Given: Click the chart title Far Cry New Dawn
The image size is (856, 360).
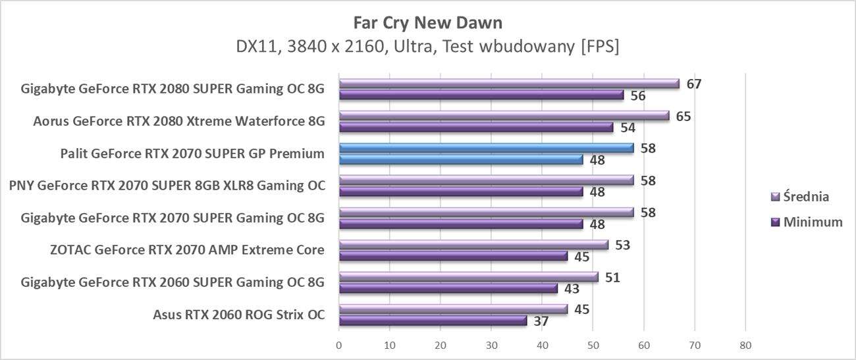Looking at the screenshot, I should tap(427, 23).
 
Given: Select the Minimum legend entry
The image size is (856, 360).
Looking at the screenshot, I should tap(806, 222).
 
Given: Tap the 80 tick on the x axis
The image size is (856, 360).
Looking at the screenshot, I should tap(745, 345).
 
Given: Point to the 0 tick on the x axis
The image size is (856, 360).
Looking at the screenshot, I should tap(338, 345).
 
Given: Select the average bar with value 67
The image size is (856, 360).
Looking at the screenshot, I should tap(508, 84).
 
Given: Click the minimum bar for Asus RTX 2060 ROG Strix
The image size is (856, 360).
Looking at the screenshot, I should tap(433, 321).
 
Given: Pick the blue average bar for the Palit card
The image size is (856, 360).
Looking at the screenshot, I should tap(486, 148).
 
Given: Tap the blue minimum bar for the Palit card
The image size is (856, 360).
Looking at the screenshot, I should tap(461, 159).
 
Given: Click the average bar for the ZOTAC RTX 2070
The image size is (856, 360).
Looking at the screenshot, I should tap(473, 245).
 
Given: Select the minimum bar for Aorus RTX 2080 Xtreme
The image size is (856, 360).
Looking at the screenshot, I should tap(476, 127).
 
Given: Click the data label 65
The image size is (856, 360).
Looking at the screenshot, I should tap(683, 116).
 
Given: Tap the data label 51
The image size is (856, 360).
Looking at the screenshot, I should tap(612, 277).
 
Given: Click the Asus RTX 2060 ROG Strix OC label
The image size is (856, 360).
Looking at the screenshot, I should tap(238, 315).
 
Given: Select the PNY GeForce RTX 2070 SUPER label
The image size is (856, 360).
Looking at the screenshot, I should tap(167, 186).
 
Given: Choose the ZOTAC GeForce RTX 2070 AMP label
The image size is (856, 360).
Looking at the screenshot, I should tap(187, 250).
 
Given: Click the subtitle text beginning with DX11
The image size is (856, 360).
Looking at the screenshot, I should tap(427, 47).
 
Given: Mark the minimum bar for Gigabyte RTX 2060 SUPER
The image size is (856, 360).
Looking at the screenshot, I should tap(448, 288).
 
